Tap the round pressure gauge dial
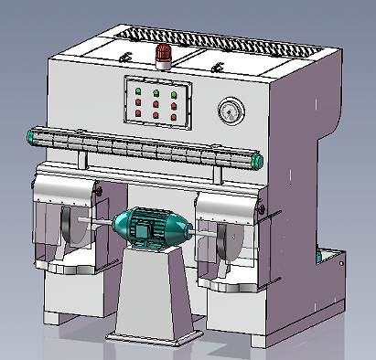pyautogui.click(x=230, y=111)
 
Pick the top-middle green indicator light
pyautogui.click(x=156, y=92)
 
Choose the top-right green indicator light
pyautogui.click(x=174, y=92)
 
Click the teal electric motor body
pyautogui.click(x=150, y=227)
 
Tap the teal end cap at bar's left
pyautogui.click(x=32, y=137)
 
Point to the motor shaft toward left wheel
pyautogui.click(x=96, y=221)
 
